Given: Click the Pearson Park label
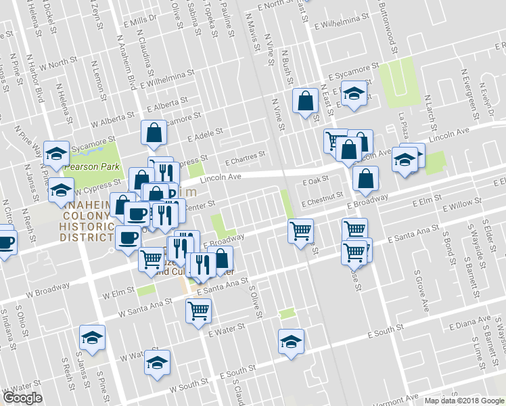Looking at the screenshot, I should click(x=93, y=166).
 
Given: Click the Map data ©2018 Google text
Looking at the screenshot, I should click(x=464, y=401).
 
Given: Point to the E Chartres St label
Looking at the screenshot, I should click(x=245, y=160).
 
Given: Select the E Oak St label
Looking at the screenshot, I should click(x=315, y=181).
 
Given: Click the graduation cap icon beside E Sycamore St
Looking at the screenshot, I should click(x=353, y=93).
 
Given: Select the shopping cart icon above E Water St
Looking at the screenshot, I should click(x=199, y=310).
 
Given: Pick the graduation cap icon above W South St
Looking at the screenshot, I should click(x=157, y=363).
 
